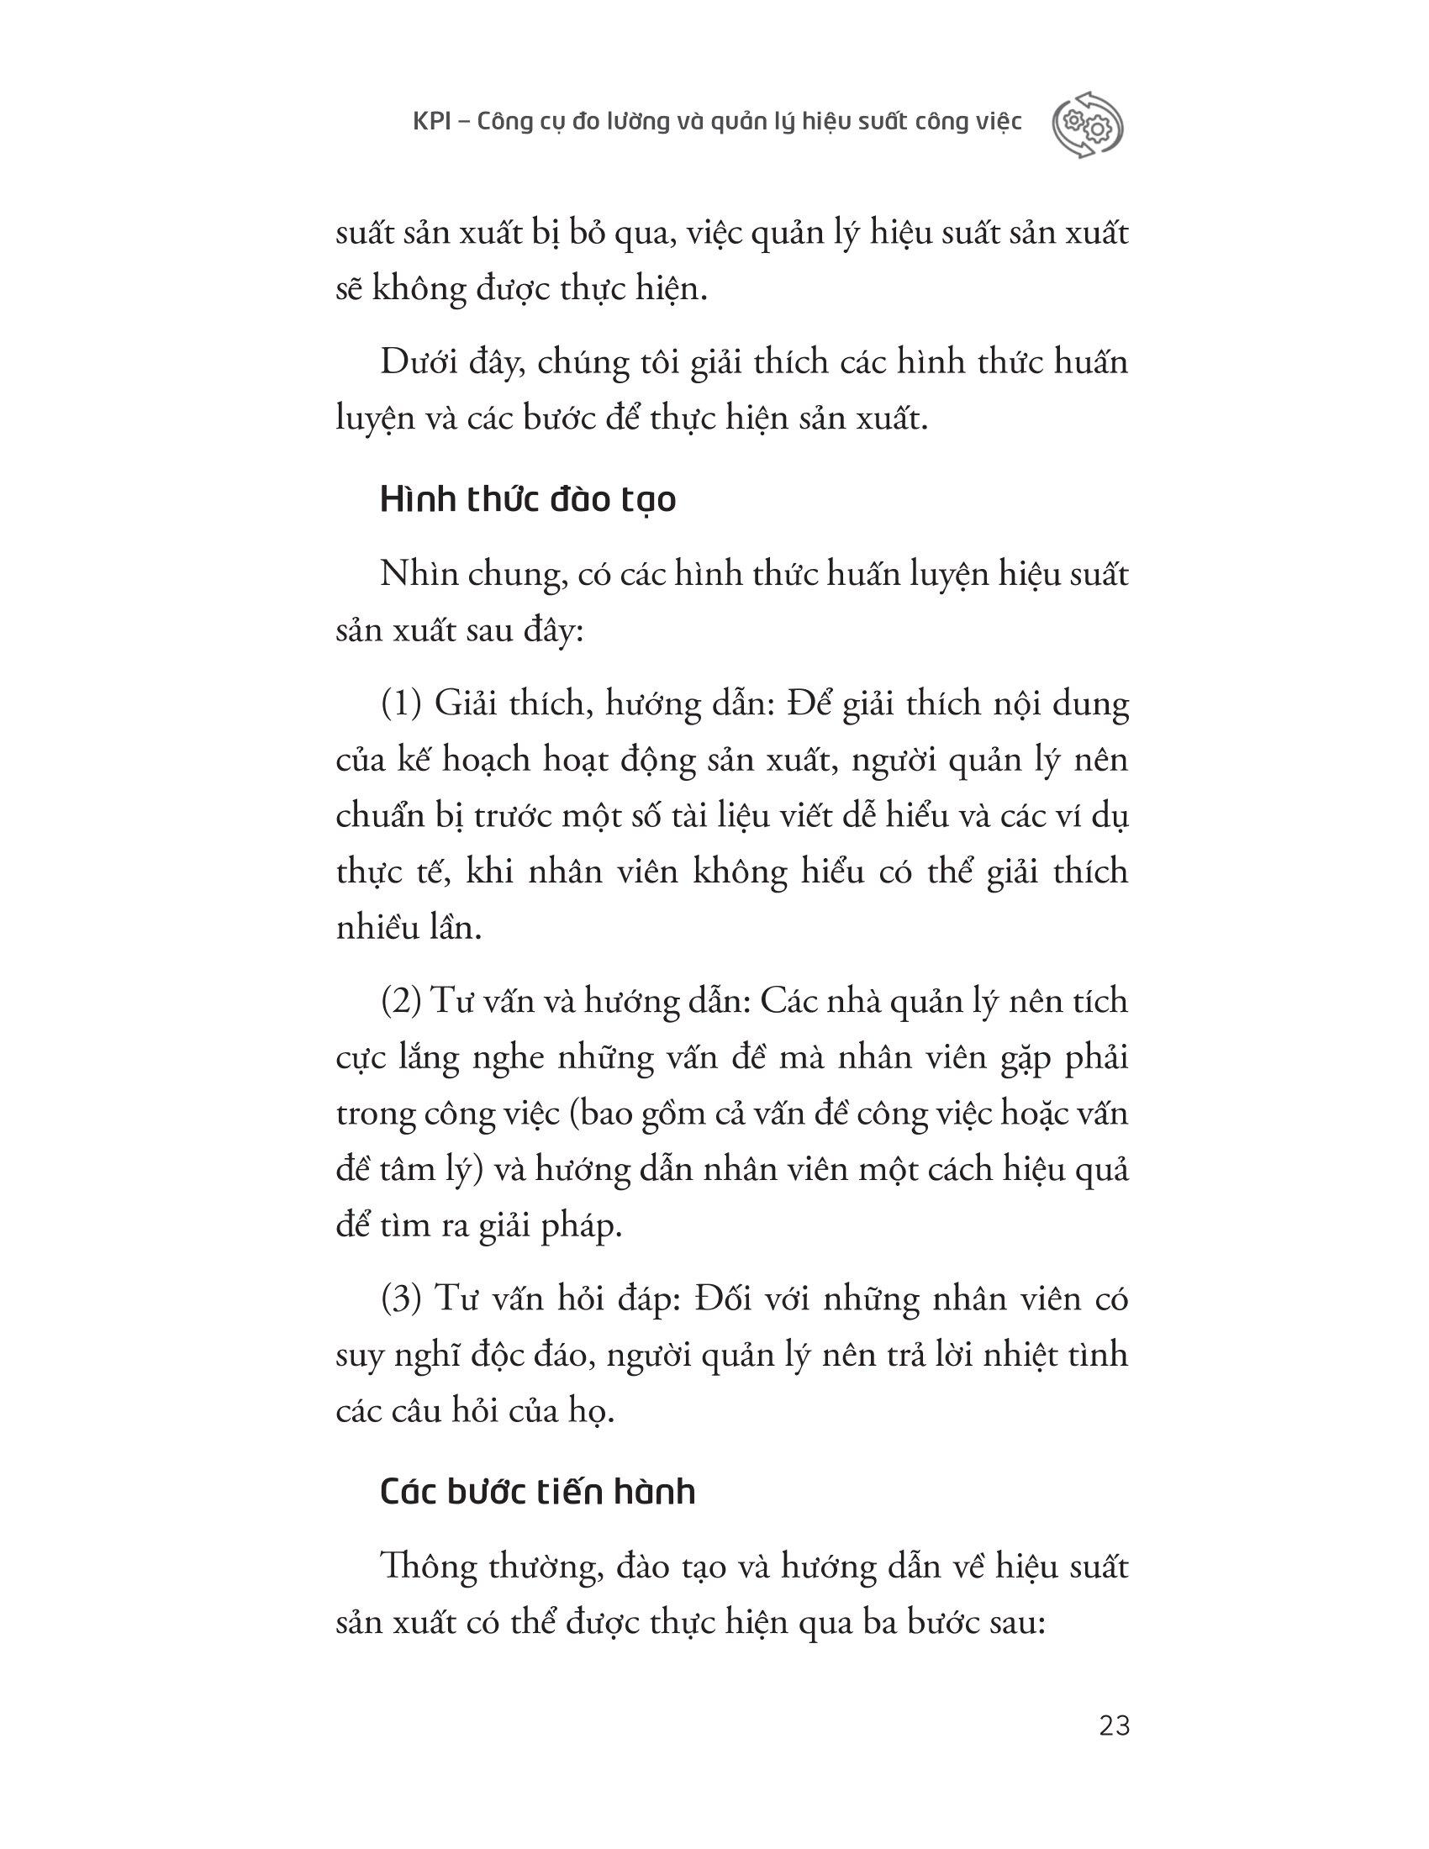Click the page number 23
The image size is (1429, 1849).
[1114, 1725]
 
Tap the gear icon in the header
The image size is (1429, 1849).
[1087, 124]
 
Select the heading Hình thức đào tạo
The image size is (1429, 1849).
[528, 500]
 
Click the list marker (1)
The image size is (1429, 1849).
[401, 704]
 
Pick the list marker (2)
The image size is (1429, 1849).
[401, 1002]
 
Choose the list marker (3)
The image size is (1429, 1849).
[401, 1299]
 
